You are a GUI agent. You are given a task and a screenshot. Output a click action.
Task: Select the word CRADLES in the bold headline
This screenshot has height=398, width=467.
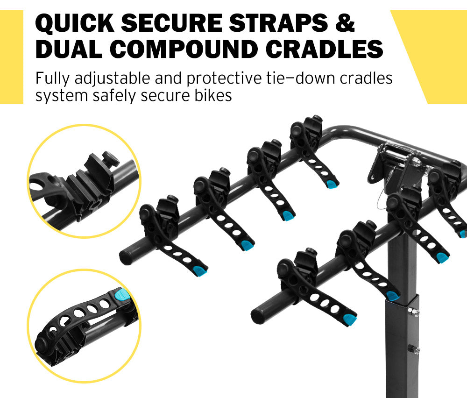pos(332,50)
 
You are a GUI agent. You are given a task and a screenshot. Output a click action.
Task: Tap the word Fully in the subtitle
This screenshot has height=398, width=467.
pos(52,78)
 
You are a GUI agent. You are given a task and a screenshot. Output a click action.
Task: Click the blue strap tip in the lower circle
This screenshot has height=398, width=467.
pos(122,295)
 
